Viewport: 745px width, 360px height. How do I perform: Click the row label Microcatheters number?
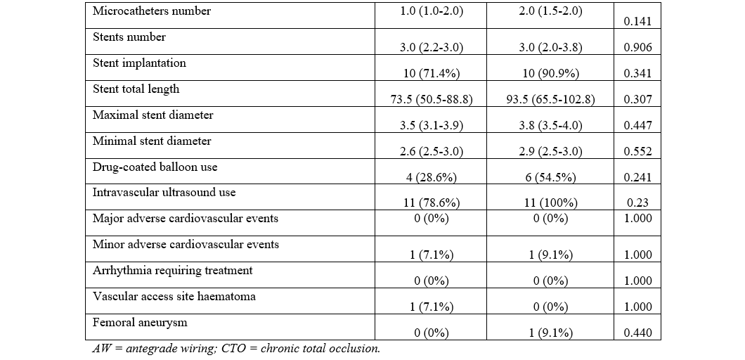pyautogui.click(x=152, y=11)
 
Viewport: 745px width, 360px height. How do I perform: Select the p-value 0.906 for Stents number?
pyautogui.click(x=637, y=47)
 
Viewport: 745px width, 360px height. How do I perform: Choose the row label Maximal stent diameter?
pyautogui.click(x=153, y=115)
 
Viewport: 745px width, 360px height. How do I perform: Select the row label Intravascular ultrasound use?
pyautogui.click(x=164, y=192)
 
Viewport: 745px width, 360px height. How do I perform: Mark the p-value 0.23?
pyautogui.click(x=637, y=202)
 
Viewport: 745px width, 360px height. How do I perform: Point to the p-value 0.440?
pyautogui.click(x=637, y=333)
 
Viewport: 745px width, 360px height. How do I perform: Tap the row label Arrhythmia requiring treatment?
pyautogui.click(x=172, y=270)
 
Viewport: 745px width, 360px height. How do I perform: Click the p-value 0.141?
pyautogui.click(x=637, y=22)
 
